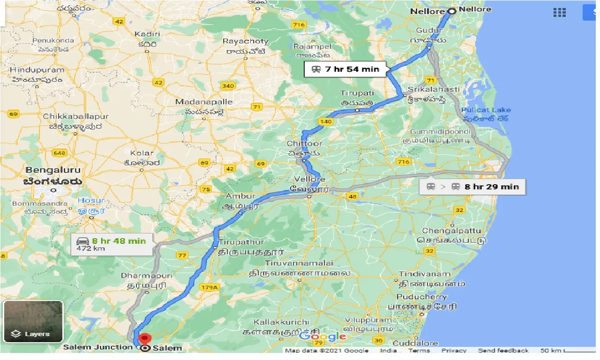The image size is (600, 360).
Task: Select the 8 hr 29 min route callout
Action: click(x=472, y=187)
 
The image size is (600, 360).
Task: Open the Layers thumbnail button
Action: click(x=33, y=322)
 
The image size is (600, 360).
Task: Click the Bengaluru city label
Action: click(x=53, y=170)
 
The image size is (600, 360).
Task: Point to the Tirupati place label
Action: click(x=357, y=93)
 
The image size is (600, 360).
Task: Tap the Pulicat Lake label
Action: click(x=486, y=110)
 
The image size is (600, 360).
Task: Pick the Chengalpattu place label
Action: click(x=451, y=231)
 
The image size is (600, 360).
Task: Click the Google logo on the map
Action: click(x=322, y=336)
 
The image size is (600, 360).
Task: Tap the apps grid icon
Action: click(x=559, y=13)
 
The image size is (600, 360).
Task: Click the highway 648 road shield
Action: click(x=60, y=153)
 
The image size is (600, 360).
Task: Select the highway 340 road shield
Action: click(x=228, y=86)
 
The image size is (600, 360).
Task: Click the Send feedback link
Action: click(x=503, y=351)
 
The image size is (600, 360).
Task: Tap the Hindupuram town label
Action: click(x=37, y=70)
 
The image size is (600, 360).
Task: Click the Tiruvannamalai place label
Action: click(x=299, y=263)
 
